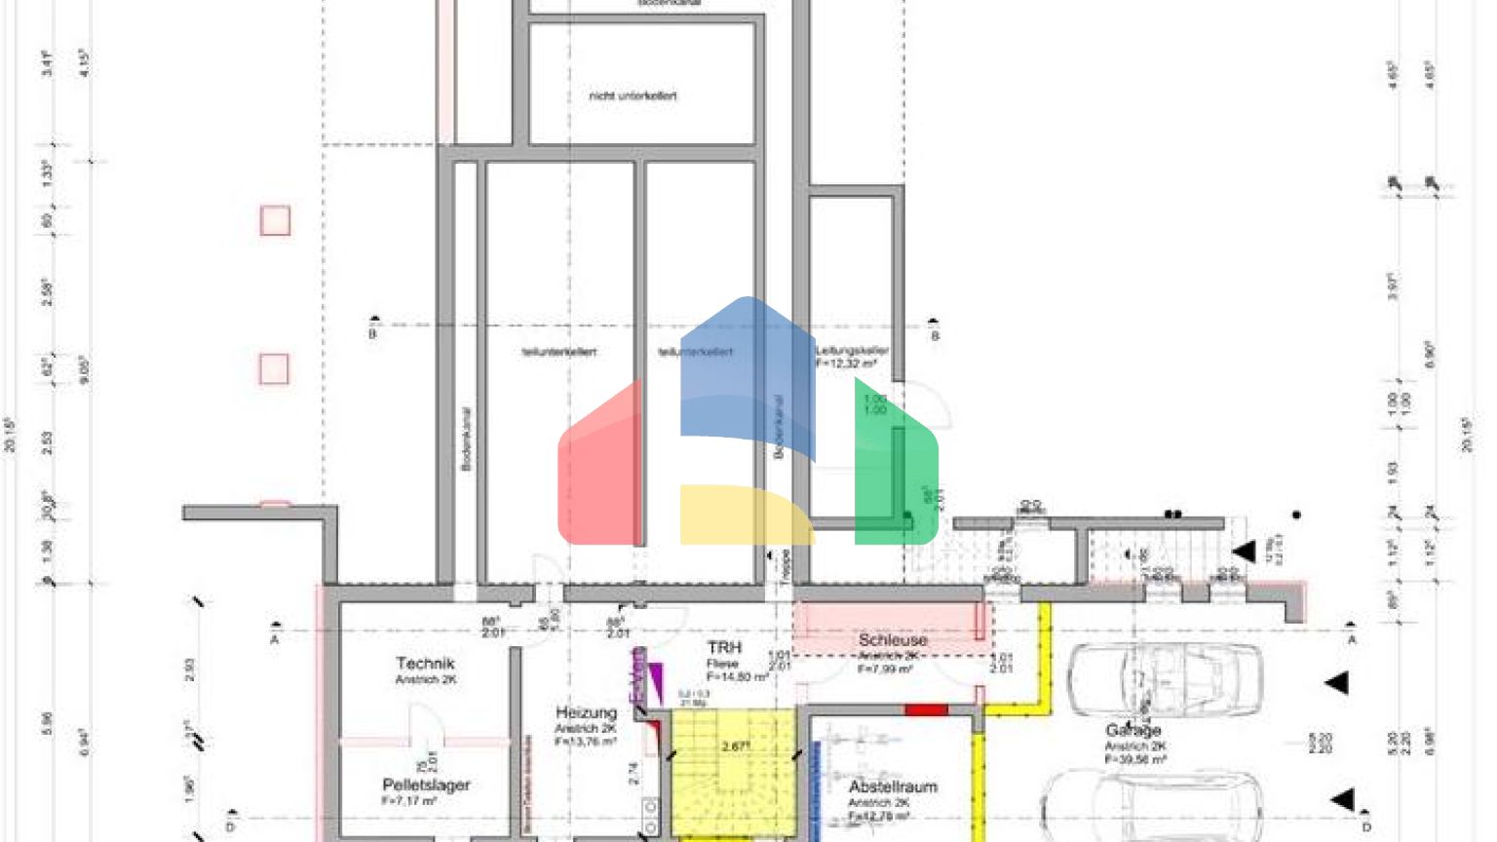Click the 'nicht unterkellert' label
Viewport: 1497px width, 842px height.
(x=633, y=96)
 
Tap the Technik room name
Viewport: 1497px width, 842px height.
(x=425, y=664)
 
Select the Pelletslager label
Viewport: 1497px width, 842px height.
(x=426, y=785)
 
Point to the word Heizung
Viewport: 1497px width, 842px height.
(x=586, y=712)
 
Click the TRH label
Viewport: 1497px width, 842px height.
(x=724, y=648)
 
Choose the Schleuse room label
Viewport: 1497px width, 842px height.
(x=892, y=640)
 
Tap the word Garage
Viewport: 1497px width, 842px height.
(x=1132, y=730)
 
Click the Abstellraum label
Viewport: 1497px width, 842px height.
(x=892, y=786)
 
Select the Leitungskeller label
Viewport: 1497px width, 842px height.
(x=852, y=350)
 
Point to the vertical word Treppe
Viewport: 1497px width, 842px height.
(x=785, y=568)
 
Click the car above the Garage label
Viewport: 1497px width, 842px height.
(x=1165, y=679)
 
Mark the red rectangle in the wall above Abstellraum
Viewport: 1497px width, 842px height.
(x=925, y=710)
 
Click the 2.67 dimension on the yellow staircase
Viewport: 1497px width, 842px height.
(x=735, y=746)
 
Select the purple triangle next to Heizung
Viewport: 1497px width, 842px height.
(x=655, y=676)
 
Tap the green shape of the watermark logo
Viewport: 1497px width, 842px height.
(x=897, y=468)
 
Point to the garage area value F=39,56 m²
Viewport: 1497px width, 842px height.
(x=1135, y=759)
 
